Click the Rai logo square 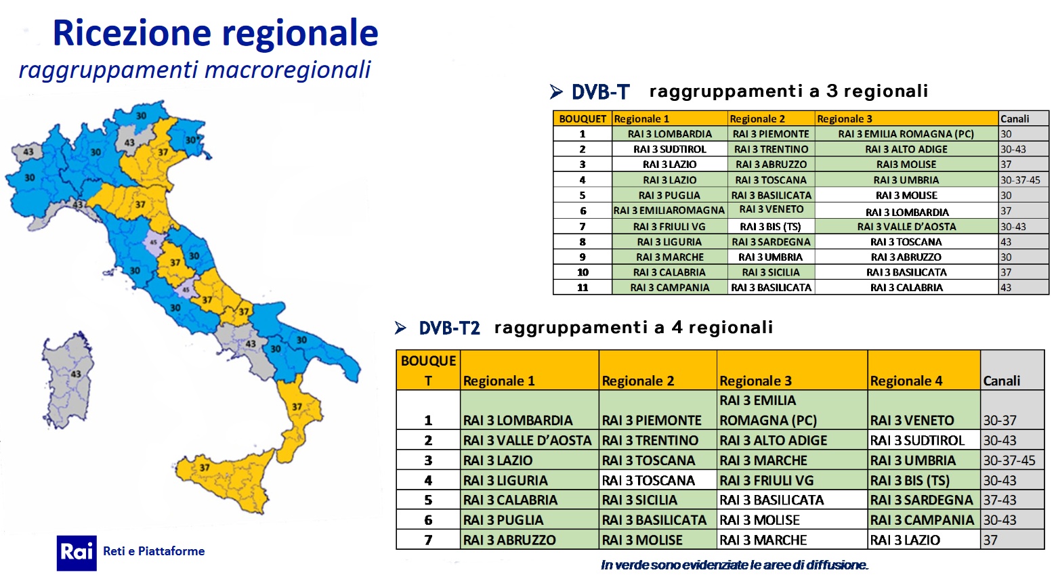pos(77,553)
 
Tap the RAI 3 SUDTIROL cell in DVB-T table pos(669,150)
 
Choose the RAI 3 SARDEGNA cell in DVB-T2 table pos(922,500)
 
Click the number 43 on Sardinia pos(75,374)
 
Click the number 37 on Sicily pos(204,467)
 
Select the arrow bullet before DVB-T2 pos(400,328)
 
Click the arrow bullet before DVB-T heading pos(556,92)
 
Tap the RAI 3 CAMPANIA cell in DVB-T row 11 pos(669,287)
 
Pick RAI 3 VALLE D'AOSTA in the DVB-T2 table pos(527,440)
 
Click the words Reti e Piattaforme pos(154,551)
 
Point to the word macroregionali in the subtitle pos(288,70)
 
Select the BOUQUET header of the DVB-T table pos(583,119)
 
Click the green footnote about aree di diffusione pos(734,565)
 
